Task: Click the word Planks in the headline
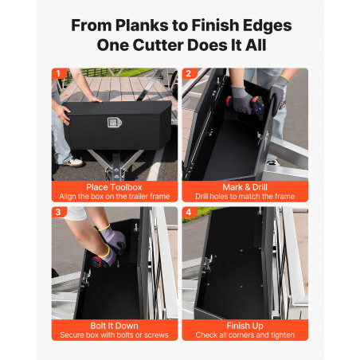coord(142,25)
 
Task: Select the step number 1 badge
coord(59,73)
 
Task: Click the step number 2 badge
coord(189,73)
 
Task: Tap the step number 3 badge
coord(58,212)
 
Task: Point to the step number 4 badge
coord(189,212)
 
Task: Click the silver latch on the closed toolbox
coord(115,123)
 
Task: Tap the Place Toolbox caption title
coord(114,187)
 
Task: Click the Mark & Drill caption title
coord(245,187)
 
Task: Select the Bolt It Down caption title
coord(114,326)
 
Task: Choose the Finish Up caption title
coord(245,326)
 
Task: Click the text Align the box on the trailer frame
coord(115,197)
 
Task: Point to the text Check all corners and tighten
coord(245,335)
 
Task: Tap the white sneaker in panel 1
coord(74,162)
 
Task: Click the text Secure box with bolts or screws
coord(114,335)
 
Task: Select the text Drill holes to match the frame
coord(245,197)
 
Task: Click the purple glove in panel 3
coord(113,238)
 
